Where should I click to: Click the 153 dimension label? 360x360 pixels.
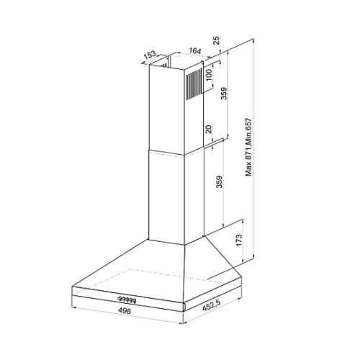coord(150,55)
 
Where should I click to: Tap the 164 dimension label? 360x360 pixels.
coord(194,50)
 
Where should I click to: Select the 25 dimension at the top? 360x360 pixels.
coord(216,40)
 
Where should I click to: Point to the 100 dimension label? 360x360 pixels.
coord(209,75)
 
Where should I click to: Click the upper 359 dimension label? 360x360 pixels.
coord(224,94)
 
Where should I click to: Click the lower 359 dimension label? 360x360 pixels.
coord(220,182)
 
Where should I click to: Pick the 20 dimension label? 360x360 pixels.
coord(209,129)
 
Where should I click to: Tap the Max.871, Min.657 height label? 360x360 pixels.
coord(249,147)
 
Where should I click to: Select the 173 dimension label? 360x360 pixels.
coord(239,240)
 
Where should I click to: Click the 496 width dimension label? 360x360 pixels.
coord(125,311)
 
